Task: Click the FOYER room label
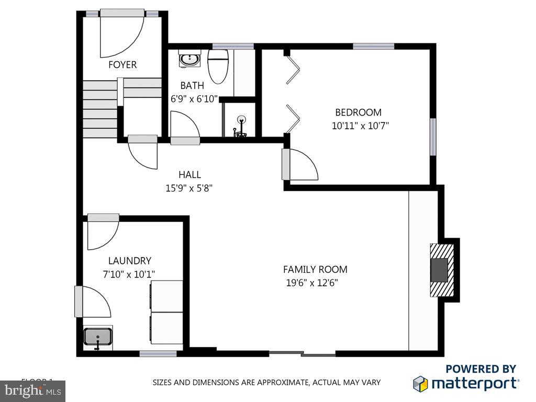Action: tap(122, 64)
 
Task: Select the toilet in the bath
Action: tap(218, 66)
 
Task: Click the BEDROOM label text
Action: tap(358, 112)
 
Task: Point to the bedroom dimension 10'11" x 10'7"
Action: tap(360, 126)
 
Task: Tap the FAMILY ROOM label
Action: tap(315, 270)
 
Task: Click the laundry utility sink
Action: tap(98, 337)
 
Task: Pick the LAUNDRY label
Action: tap(129, 261)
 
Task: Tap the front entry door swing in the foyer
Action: tap(121, 34)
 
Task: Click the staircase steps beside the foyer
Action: tap(99, 109)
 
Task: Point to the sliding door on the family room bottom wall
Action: tap(302, 354)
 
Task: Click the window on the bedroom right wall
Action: tap(433, 136)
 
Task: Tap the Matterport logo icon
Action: tap(421, 384)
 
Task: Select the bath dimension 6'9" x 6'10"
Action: tap(194, 98)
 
